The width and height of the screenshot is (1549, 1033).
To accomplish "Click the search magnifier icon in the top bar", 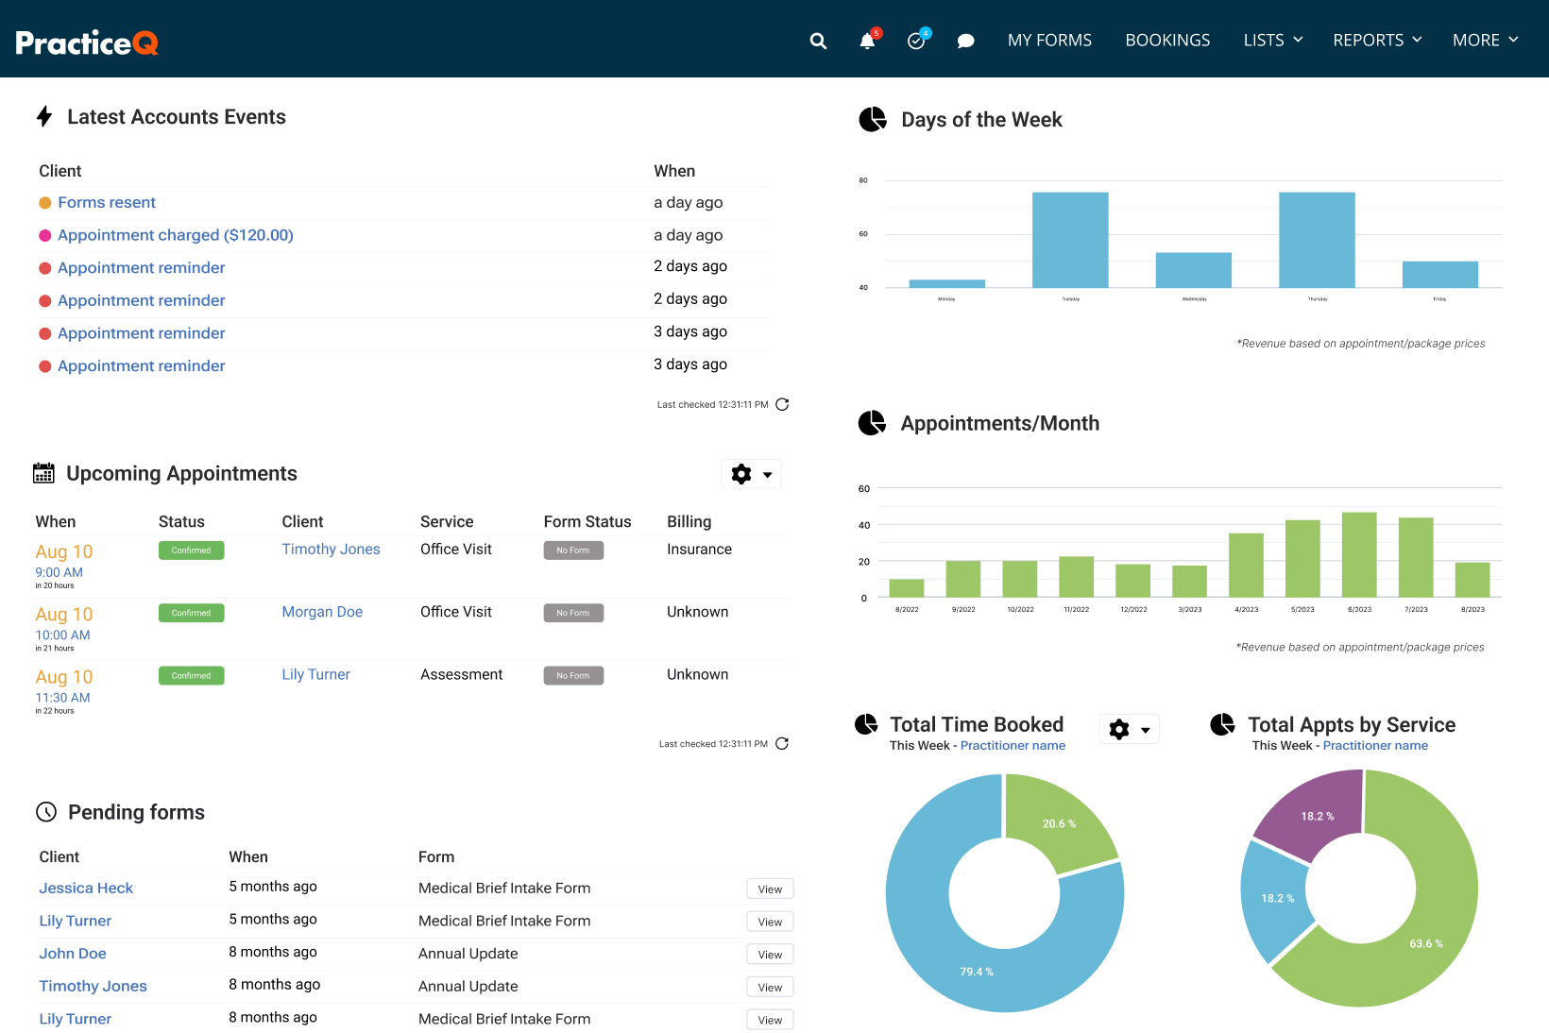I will (818, 41).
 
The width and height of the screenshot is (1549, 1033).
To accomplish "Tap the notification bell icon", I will (867, 41).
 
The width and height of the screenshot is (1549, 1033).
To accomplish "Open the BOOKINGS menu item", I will (1167, 41).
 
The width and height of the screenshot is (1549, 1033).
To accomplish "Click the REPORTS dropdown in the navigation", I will (1377, 41).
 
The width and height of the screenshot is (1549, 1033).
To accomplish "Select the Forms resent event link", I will (107, 203).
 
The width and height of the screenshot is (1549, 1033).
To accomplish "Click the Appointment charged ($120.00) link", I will (176, 235).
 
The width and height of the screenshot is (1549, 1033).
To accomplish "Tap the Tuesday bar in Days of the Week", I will (1070, 240).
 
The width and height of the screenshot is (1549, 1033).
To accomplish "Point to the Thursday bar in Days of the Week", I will (1317, 240).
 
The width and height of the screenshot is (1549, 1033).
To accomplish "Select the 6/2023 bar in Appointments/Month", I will (1359, 554).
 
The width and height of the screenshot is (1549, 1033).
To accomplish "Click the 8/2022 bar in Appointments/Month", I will (907, 588).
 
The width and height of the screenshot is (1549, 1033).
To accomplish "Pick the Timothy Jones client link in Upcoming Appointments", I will (331, 550).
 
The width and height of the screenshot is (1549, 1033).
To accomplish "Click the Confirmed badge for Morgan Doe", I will (191, 613).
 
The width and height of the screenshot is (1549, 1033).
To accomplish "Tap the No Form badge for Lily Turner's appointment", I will (573, 676).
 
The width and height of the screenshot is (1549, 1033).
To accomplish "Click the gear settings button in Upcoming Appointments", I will (751, 474).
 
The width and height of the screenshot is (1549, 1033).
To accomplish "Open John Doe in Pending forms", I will (73, 954).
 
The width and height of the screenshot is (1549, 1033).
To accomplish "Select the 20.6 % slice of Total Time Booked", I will (1058, 821).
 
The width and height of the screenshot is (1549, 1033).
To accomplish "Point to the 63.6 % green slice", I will (1417, 944).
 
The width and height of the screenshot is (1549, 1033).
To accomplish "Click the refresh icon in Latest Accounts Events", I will (782, 404).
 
